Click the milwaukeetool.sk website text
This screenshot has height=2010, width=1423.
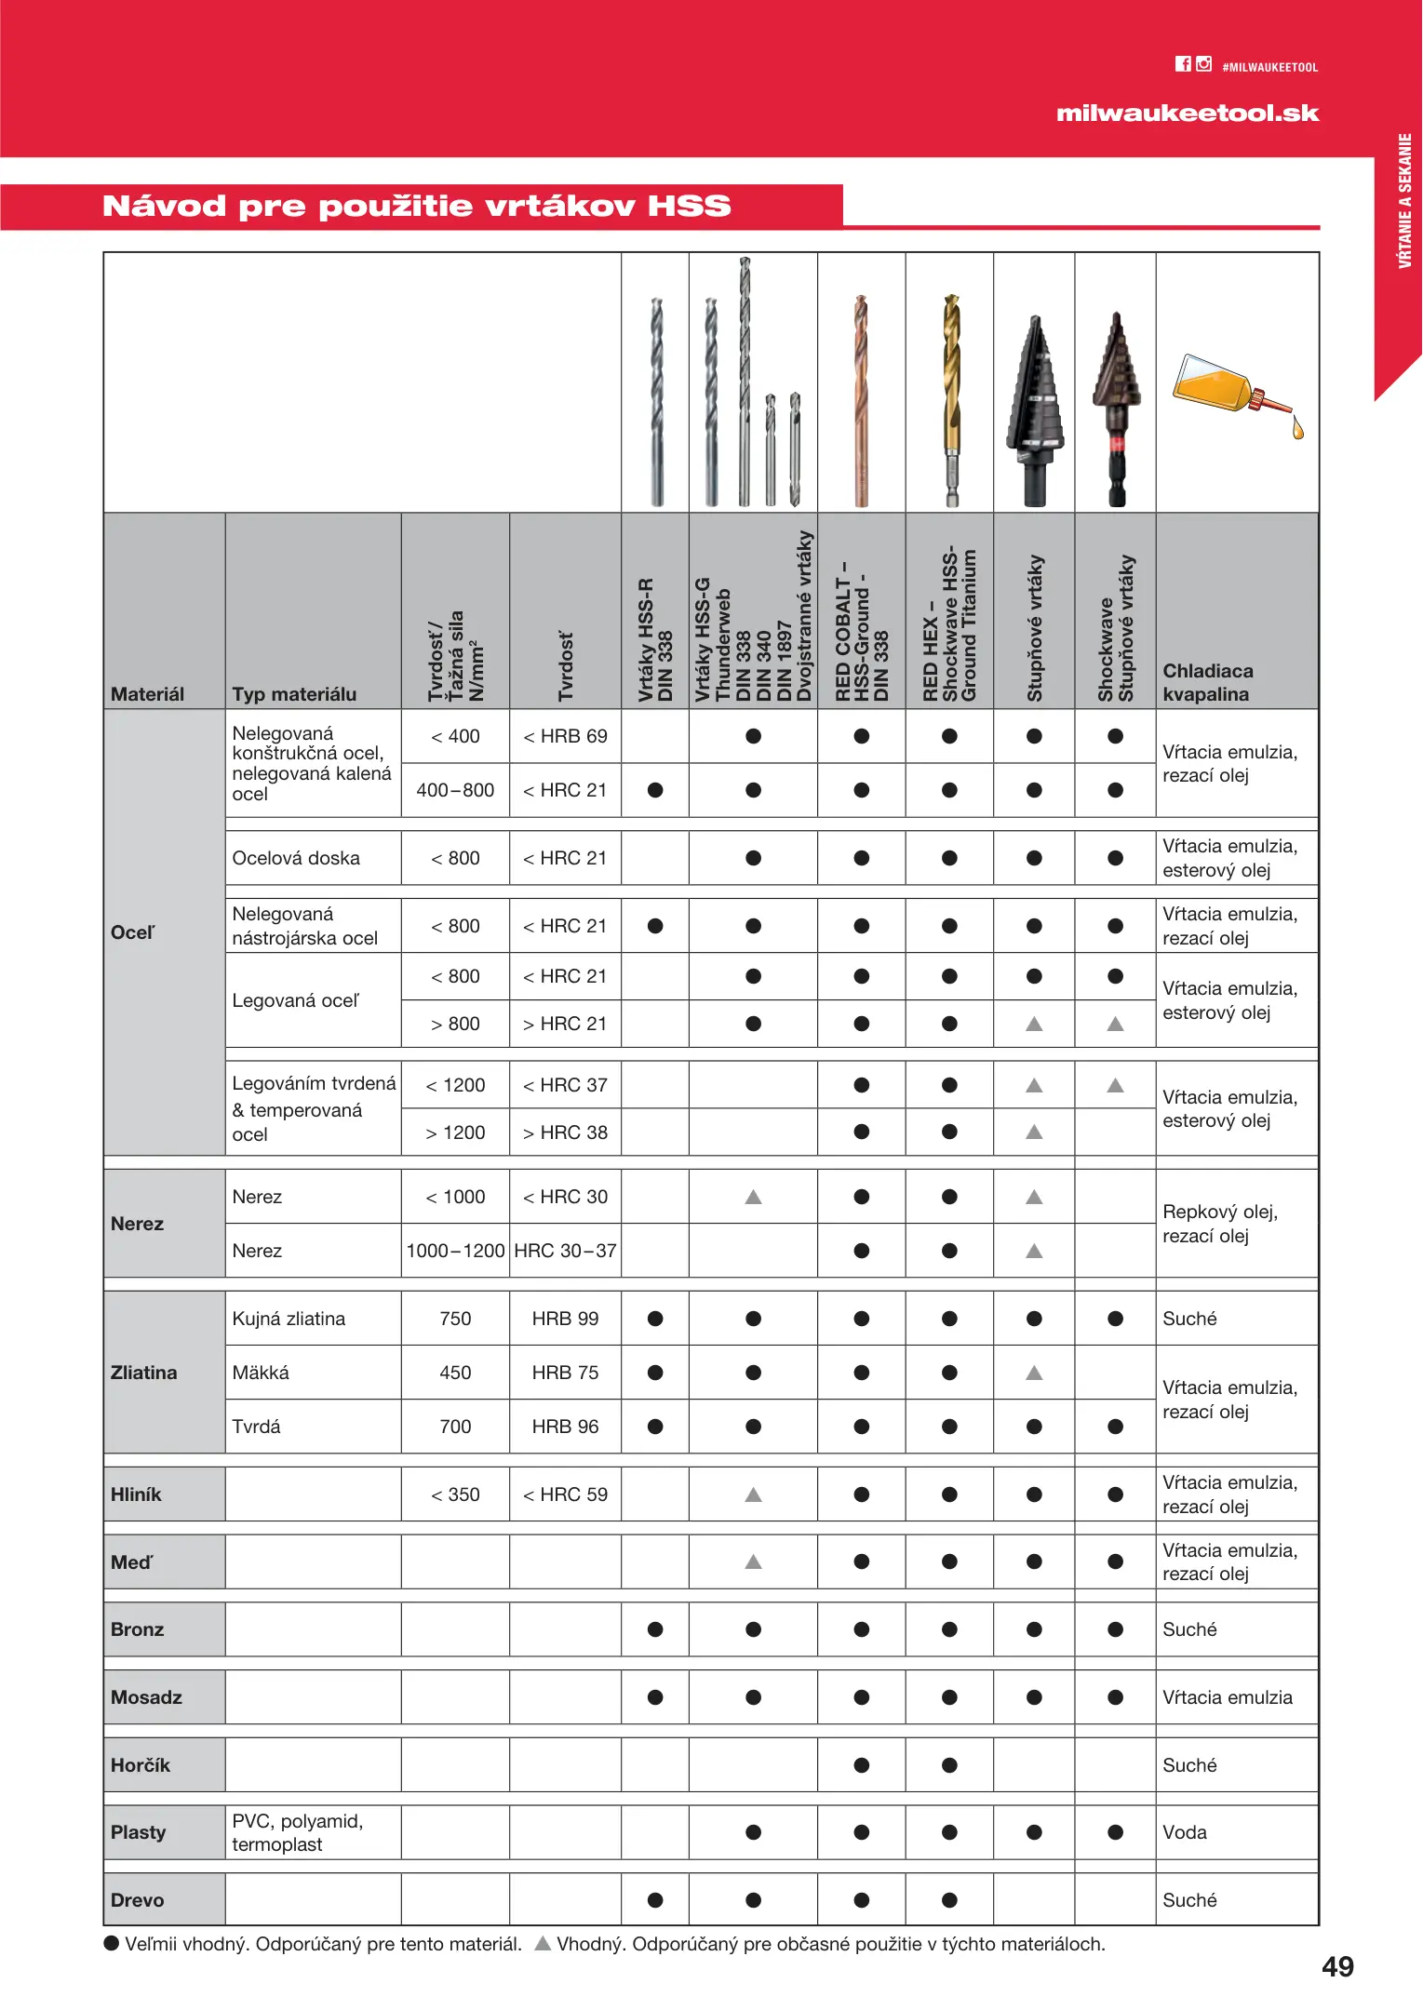(x=1187, y=114)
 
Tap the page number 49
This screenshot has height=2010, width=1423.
(x=1337, y=1966)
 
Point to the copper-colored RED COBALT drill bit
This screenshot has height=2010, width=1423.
(x=861, y=400)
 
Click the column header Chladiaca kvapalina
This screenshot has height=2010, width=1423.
(x=1207, y=682)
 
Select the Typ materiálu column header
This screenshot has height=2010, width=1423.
(x=294, y=694)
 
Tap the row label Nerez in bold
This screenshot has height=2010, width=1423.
(x=137, y=1224)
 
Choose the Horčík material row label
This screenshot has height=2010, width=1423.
(x=141, y=1765)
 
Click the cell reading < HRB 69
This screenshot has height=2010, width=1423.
(x=565, y=736)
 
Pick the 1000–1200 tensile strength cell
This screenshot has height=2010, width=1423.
(x=455, y=1251)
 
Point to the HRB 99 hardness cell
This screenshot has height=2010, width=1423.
(x=565, y=1319)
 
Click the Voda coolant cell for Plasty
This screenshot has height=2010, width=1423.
(x=1185, y=1832)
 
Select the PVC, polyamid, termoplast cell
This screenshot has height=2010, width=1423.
(x=297, y=1832)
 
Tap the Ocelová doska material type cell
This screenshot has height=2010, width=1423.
(x=296, y=858)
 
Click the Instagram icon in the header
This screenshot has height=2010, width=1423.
(x=1203, y=63)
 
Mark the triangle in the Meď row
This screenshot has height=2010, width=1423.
(x=753, y=1561)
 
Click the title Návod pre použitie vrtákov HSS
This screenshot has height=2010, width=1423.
(x=416, y=206)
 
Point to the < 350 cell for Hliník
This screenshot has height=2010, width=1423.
(x=455, y=1494)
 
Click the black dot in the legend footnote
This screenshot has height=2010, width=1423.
(x=112, y=1943)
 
